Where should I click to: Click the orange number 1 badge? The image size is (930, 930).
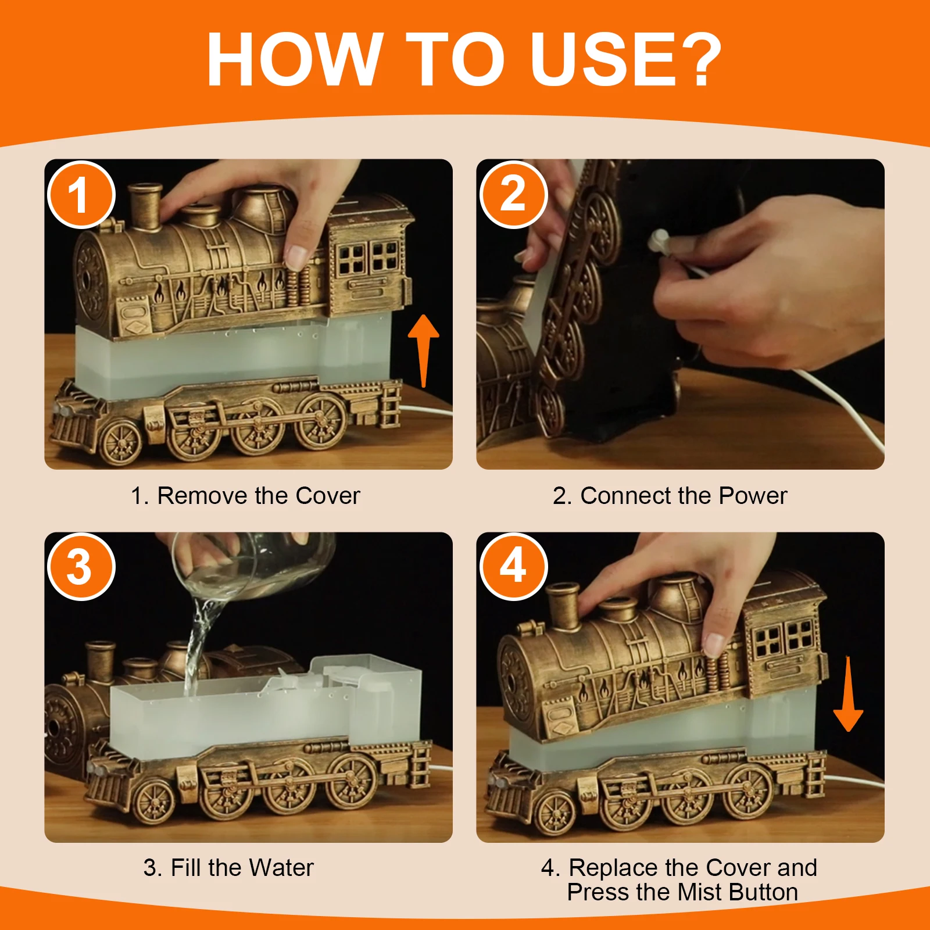[x=81, y=195]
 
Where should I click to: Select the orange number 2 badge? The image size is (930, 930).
[x=513, y=195]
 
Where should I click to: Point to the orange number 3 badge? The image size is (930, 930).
[x=81, y=567]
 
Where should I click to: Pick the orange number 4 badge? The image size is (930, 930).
[x=513, y=567]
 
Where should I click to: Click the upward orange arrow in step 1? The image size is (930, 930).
[x=424, y=350]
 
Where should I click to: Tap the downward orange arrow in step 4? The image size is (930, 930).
[x=848, y=693]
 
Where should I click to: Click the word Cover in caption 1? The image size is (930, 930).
[x=328, y=496]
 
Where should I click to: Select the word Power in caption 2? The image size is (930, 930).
[x=753, y=496]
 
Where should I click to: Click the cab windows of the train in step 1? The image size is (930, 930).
[x=368, y=258]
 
